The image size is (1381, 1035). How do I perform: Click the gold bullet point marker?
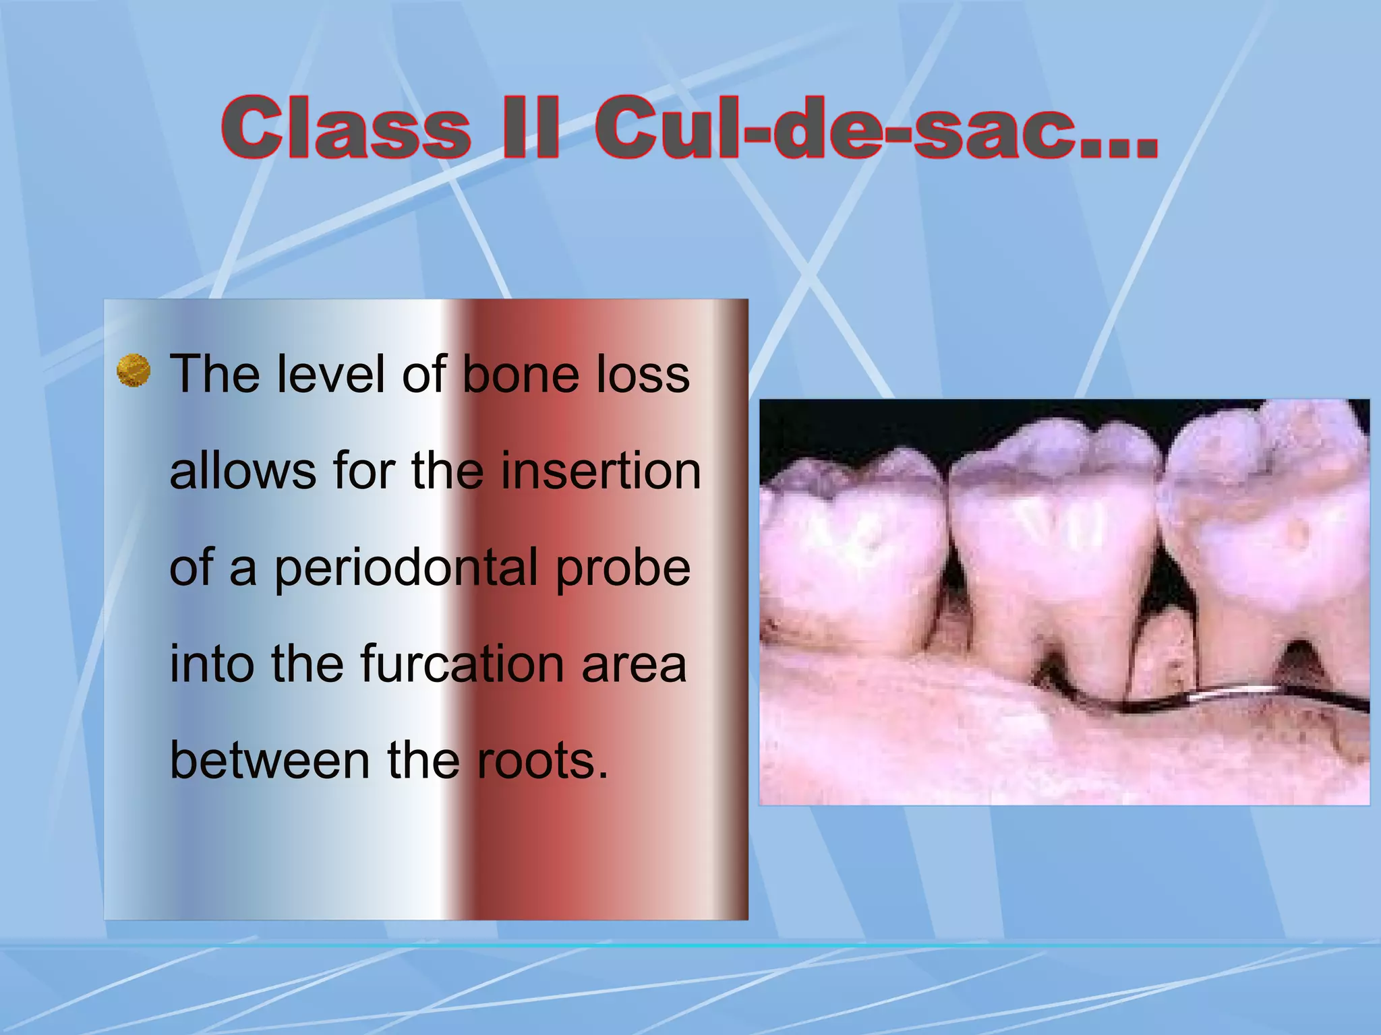[134, 371]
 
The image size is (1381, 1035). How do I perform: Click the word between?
[270, 760]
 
